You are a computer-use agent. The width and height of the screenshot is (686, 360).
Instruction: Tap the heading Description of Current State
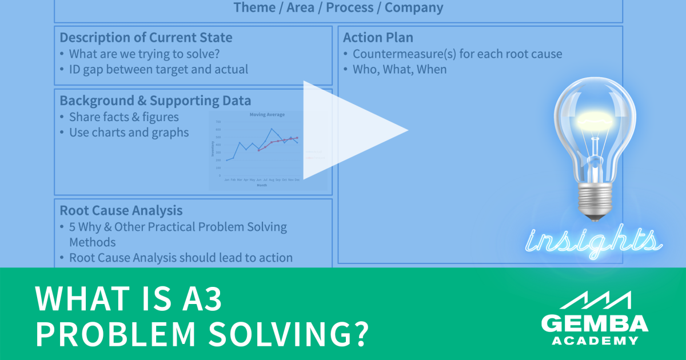pyautogui.click(x=146, y=38)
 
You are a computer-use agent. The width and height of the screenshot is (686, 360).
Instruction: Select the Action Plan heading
pyautogui.click(x=378, y=38)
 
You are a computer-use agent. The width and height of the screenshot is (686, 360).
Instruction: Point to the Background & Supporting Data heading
pyautogui.click(x=155, y=101)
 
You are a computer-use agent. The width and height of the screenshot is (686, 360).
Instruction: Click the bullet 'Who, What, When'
pyautogui.click(x=400, y=69)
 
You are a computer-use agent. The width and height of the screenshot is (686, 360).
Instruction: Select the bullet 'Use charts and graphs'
pyautogui.click(x=129, y=132)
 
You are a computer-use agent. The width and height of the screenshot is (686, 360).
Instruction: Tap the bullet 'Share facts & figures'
pyautogui.click(x=124, y=117)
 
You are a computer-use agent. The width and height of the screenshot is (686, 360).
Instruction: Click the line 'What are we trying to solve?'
pyautogui.click(x=144, y=54)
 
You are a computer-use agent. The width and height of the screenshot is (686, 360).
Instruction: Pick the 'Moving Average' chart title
pyautogui.click(x=267, y=114)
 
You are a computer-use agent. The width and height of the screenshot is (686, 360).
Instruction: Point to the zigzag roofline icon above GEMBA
pyautogui.click(x=595, y=300)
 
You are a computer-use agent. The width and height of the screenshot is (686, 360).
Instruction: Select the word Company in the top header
pyautogui.click(x=414, y=7)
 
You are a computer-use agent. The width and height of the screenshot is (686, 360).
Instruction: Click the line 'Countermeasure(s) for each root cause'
pyautogui.click(x=457, y=54)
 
